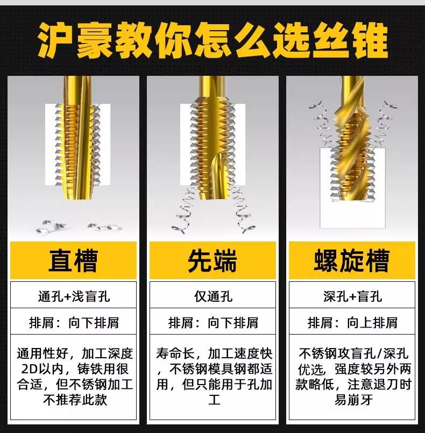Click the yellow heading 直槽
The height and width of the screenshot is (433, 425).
pyautogui.click(x=73, y=261)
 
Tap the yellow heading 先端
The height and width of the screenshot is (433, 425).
pyautogui.click(x=212, y=261)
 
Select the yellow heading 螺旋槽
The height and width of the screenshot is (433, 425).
pyautogui.click(x=351, y=261)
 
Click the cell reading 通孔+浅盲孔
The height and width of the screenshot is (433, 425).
pyautogui.click(x=74, y=296)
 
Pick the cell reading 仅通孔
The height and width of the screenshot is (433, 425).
pyautogui.click(x=213, y=296)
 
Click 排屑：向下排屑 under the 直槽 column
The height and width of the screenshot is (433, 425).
pyautogui.click(x=74, y=323)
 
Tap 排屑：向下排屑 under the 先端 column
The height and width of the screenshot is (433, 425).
pyautogui.click(x=213, y=323)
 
